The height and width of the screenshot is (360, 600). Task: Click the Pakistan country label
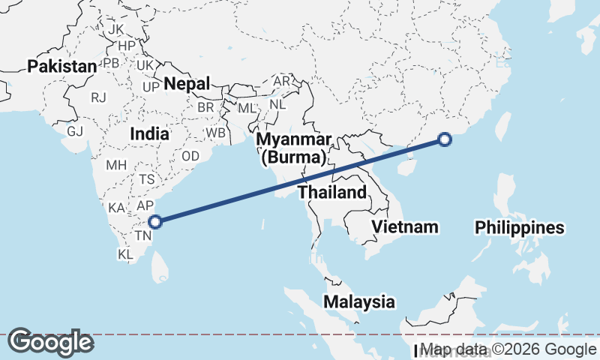click(62, 67)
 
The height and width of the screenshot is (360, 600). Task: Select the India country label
click(149, 133)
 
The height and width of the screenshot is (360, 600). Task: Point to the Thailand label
click(332, 192)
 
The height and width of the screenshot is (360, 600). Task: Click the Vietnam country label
click(405, 226)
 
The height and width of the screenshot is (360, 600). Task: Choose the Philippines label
click(520, 227)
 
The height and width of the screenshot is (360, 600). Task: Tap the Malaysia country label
click(359, 301)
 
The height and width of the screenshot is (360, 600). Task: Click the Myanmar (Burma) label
click(293, 149)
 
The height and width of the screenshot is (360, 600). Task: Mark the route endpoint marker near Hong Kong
click(445, 139)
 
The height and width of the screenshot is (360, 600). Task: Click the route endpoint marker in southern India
click(155, 221)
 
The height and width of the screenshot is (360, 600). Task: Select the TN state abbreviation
click(142, 235)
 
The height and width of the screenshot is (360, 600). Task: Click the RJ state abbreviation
click(98, 97)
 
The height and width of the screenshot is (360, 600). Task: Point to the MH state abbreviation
click(116, 164)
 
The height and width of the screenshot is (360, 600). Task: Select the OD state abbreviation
click(190, 156)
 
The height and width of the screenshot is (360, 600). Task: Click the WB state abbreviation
click(216, 132)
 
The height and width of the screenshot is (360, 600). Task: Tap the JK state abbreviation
click(116, 29)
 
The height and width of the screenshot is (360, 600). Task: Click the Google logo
click(50, 342)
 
